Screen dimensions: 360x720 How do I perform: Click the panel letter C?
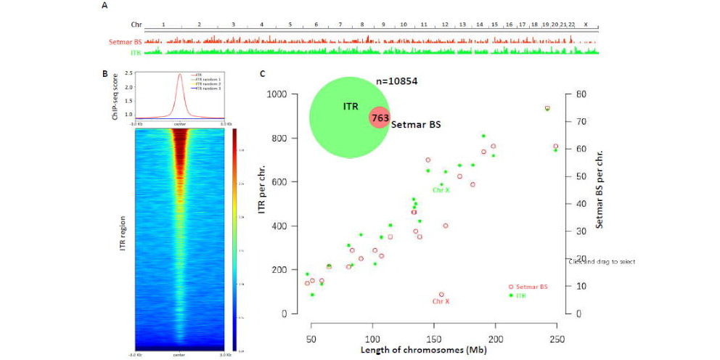click(x=262, y=73)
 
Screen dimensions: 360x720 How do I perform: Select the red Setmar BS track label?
click(x=126, y=41)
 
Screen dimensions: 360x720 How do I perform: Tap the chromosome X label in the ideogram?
click(x=586, y=24)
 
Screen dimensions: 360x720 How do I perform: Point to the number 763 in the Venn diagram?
click(x=379, y=118)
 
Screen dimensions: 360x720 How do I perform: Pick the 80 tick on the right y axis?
click(x=573, y=94)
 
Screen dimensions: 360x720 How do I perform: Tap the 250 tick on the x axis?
click(x=556, y=328)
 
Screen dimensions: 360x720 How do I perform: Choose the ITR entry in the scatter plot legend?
click(x=521, y=296)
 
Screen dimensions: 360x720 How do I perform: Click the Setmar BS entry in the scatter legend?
click(x=533, y=287)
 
